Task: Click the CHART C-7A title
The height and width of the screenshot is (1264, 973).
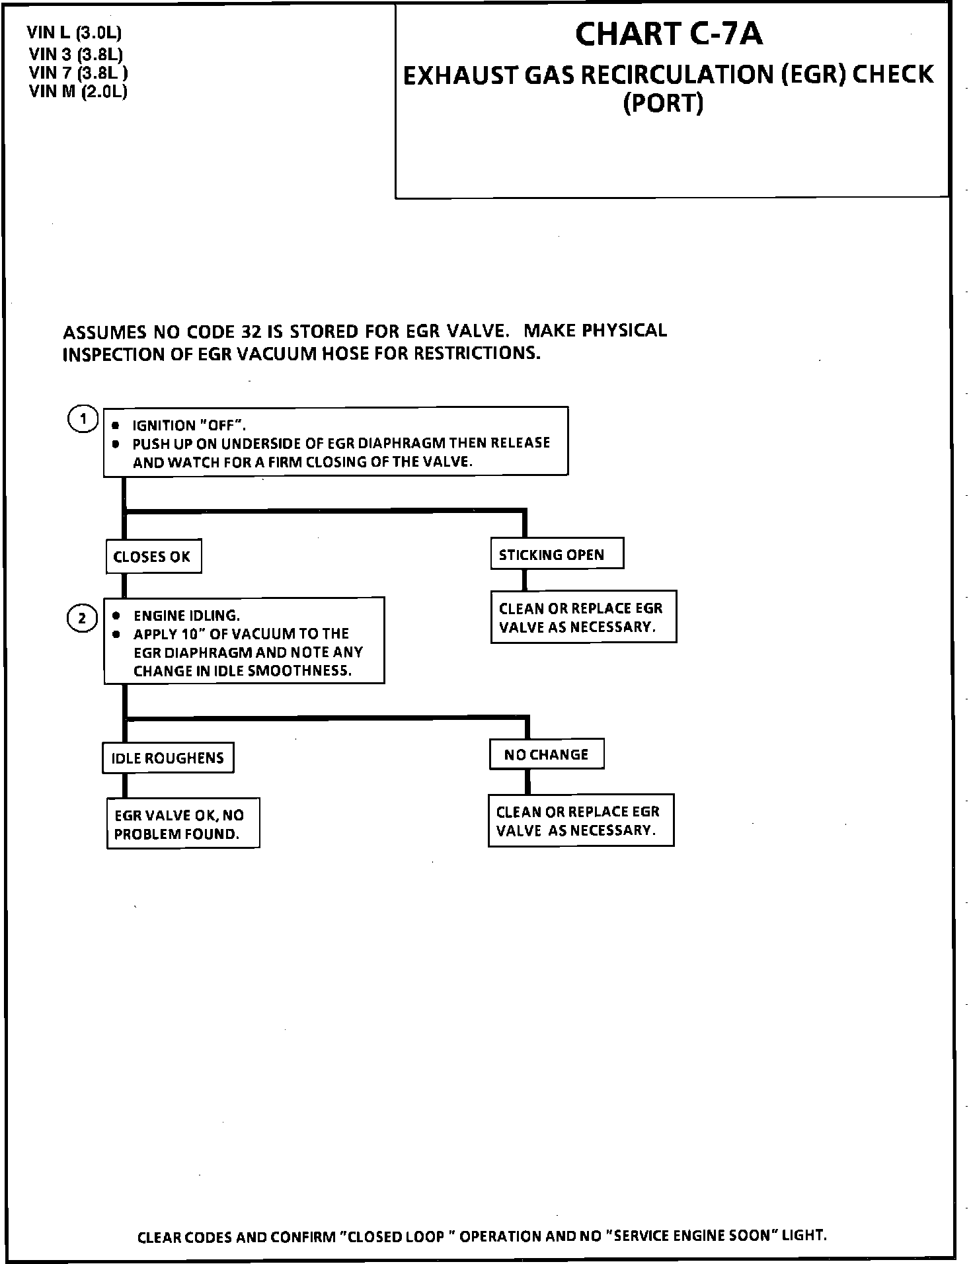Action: point(669,34)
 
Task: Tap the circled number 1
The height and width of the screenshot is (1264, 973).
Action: point(83,419)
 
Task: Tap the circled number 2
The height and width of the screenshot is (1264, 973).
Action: point(83,619)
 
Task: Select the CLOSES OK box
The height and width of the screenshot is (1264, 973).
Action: point(153,557)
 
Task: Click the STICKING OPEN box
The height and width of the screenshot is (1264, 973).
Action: point(557,554)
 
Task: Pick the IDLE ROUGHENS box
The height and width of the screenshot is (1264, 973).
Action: point(168,758)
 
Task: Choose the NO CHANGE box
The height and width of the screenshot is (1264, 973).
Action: point(546,754)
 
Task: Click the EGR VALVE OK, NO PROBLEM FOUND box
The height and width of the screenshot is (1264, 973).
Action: point(183,824)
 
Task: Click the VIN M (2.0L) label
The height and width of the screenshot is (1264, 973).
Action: point(78,91)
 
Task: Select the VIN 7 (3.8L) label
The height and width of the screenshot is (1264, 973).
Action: point(78,72)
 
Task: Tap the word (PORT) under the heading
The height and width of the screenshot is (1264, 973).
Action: point(663,104)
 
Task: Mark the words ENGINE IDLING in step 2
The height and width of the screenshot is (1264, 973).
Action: point(187,615)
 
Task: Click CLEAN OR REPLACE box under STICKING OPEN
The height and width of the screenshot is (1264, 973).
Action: point(583,617)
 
